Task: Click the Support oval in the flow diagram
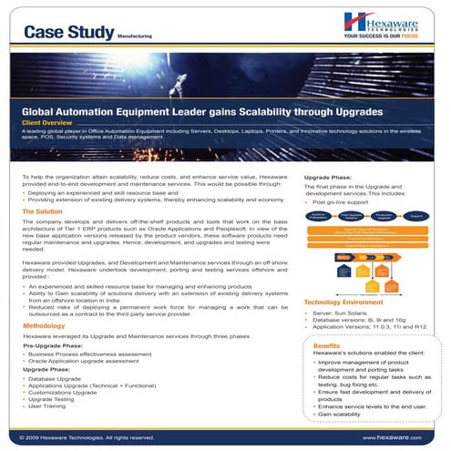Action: [x=415, y=217]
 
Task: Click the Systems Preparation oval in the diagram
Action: [x=318, y=217]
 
